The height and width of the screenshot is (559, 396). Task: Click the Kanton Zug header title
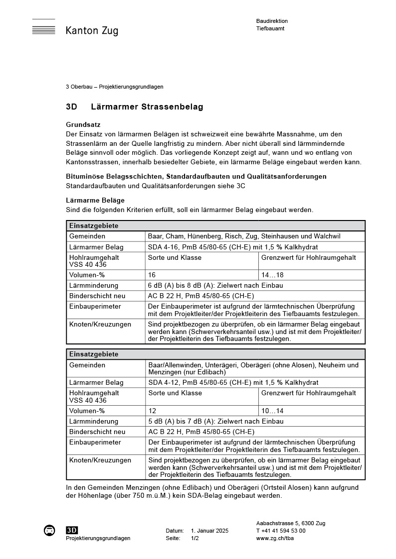(92, 31)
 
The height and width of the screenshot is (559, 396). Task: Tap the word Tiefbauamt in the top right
(270, 29)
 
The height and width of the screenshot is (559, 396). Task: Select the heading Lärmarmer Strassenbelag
(147, 107)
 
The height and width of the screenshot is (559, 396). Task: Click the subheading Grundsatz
(84, 124)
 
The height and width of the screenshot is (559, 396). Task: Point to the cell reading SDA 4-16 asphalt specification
(233, 247)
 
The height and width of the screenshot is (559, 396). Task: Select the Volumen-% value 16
(152, 275)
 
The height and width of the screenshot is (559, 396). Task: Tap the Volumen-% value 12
(152, 411)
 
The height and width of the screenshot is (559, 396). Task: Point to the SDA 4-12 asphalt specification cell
(233, 383)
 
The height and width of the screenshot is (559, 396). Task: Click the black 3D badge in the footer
(72, 531)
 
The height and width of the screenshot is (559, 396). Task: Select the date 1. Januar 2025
(209, 531)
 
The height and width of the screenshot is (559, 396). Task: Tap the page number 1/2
(195, 538)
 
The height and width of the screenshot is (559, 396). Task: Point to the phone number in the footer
(281, 531)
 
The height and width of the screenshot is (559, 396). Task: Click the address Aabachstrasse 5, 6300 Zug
(290, 523)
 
